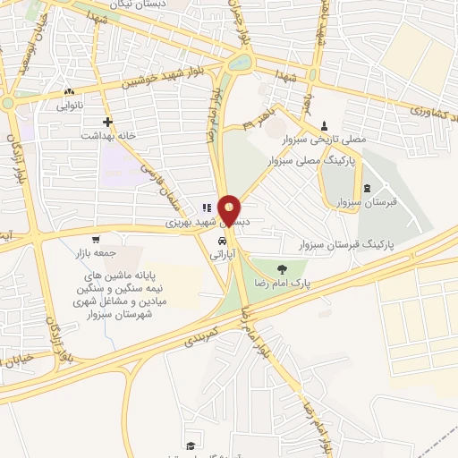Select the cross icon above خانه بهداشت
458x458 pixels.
[x=107, y=122]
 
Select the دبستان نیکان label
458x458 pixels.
[x=180, y=4]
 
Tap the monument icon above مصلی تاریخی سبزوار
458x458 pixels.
[x=324, y=126]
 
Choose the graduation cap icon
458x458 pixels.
[x=190, y=445]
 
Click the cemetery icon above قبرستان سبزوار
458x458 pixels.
[x=369, y=187]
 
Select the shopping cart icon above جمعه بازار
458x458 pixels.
[x=97, y=241]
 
